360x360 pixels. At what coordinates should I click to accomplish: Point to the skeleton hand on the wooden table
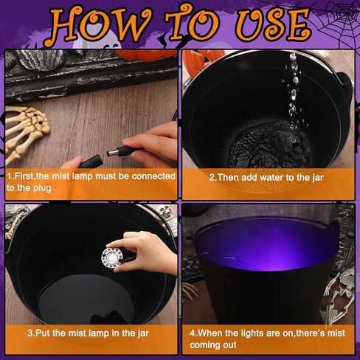27,131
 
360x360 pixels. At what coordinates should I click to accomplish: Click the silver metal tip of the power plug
111,153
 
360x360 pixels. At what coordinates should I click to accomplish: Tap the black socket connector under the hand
91,162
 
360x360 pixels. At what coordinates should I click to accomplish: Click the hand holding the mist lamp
148,252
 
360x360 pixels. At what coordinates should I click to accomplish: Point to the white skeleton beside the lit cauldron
338,295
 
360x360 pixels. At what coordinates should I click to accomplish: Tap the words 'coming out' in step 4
213,345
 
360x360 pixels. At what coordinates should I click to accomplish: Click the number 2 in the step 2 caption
212,177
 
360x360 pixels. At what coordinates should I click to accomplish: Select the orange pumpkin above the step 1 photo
145,55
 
